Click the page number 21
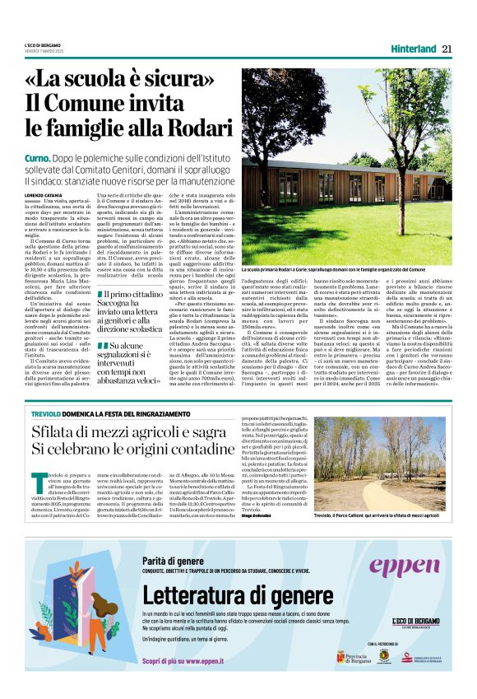(x=447, y=48)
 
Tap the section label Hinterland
(x=414, y=48)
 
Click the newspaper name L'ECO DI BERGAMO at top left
(x=43, y=44)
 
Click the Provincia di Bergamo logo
(x=355, y=657)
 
